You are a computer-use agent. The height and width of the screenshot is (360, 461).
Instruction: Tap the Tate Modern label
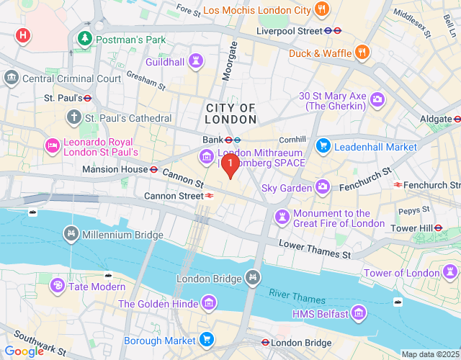[x=97, y=287]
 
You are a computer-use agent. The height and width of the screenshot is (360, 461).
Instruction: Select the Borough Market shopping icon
[x=207, y=340]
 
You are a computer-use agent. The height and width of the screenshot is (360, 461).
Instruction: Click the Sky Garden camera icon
[x=323, y=187]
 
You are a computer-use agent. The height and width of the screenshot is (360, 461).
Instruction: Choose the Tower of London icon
[x=451, y=272]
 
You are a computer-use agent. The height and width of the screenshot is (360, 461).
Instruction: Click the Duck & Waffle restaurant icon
[x=361, y=53]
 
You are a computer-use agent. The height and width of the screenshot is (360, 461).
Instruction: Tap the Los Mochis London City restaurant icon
[x=321, y=10]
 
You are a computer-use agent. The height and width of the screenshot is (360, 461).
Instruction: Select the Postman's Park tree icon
[x=86, y=39]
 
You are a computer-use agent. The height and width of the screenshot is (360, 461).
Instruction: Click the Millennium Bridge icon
[x=71, y=233]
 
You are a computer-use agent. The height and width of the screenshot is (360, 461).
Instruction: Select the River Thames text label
[x=297, y=296]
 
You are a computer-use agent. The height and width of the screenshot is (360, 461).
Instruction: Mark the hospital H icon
[x=23, y=35]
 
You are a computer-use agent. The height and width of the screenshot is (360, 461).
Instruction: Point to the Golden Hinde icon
[x=209, y=303]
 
